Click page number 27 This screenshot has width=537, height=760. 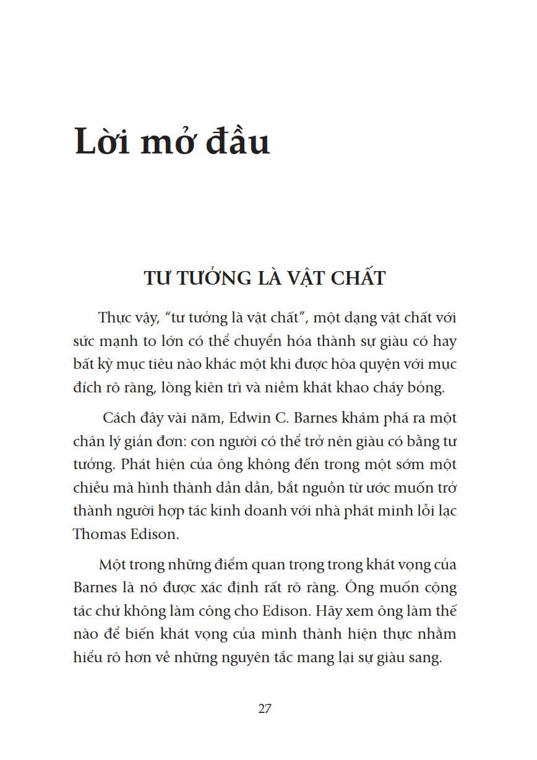[265, 709]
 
